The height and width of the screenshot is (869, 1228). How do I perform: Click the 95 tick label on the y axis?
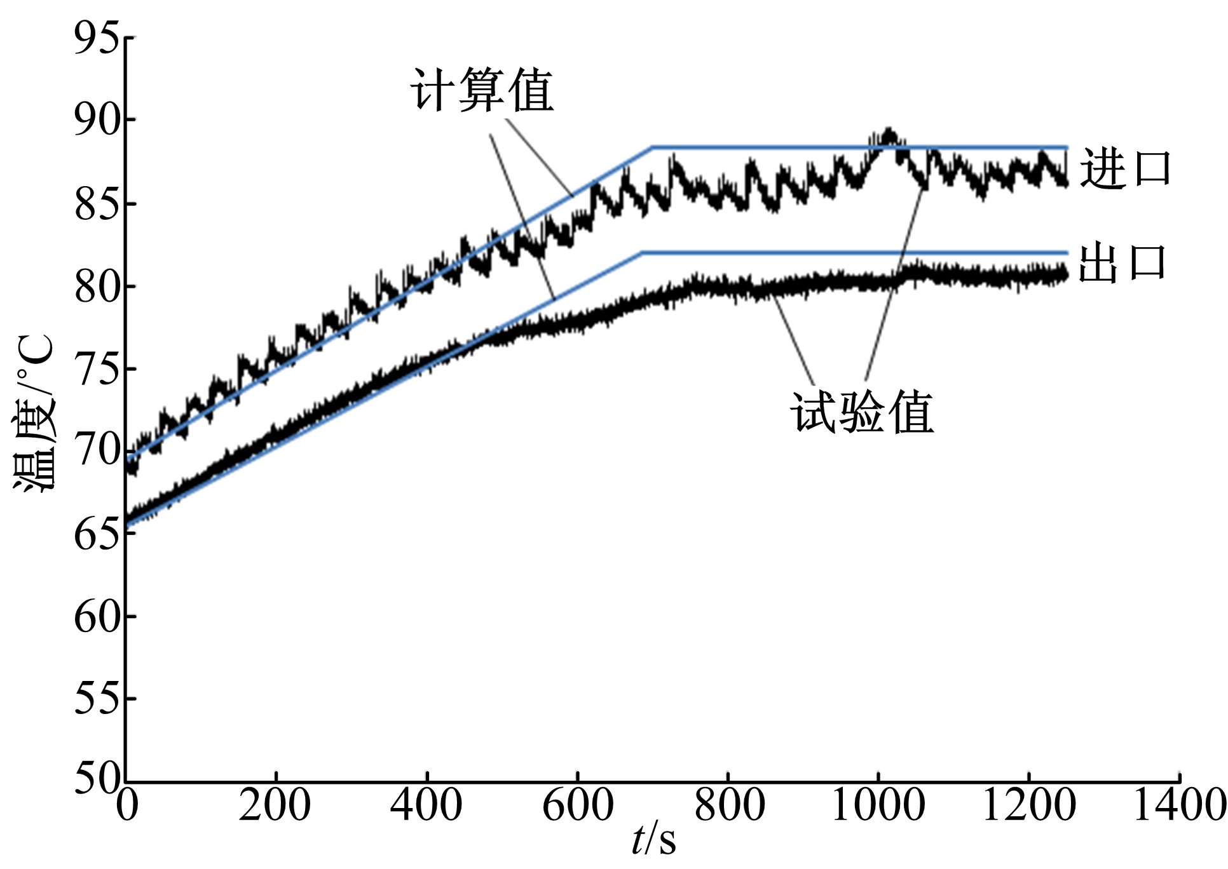point(97,38)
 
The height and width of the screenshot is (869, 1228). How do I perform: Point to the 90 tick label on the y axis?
point(97,120)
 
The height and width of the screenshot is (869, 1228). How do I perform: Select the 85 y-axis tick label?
point(97,203)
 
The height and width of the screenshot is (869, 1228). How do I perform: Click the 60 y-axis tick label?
point(97,616)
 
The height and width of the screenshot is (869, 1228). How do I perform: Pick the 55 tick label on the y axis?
point(97,699)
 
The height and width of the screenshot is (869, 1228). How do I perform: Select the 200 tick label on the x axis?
point(275,805)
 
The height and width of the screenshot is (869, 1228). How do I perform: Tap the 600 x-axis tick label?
point(577,805)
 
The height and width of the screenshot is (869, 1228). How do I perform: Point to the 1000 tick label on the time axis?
point(878,805)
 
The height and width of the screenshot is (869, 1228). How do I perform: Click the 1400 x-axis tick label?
point(1180,805)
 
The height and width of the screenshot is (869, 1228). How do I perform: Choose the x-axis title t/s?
point(653,840)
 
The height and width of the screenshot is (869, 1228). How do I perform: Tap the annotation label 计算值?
point(482,90)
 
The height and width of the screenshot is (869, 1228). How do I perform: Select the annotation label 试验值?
point(862,413)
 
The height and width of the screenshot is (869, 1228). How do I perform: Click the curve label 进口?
point(1125,169)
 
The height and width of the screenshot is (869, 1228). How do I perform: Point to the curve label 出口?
point(1122,262)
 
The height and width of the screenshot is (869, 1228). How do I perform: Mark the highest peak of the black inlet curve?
point(889,131)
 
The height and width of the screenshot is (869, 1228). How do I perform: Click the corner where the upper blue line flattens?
point(652,147)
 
